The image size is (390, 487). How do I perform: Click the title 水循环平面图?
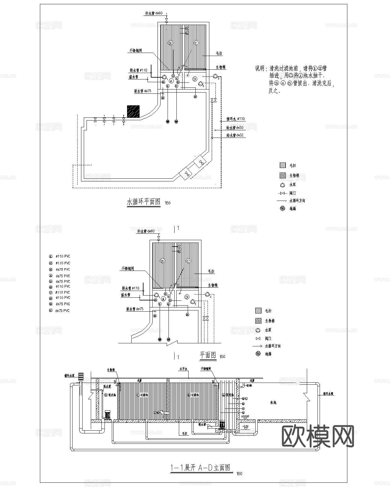[143, 201]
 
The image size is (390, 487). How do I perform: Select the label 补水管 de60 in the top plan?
[154, 13]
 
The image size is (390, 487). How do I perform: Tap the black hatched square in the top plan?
[133, 112]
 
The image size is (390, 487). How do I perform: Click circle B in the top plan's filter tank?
[170, 43]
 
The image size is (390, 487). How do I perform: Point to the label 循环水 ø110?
[235, 119]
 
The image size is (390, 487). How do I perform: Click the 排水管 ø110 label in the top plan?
[139, 70]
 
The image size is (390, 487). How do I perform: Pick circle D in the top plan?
[195, 79]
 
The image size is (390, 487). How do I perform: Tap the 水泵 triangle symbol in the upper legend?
[282, 184]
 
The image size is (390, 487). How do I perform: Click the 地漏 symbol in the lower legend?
[258, 354]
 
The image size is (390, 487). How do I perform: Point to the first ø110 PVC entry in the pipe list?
[63, 257]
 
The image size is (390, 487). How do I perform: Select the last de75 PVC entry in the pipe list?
[62, 311]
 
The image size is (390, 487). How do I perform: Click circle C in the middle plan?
[188, 261]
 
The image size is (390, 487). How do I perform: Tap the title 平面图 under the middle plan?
[208, 355]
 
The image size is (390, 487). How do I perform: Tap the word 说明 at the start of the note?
[260, 68]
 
